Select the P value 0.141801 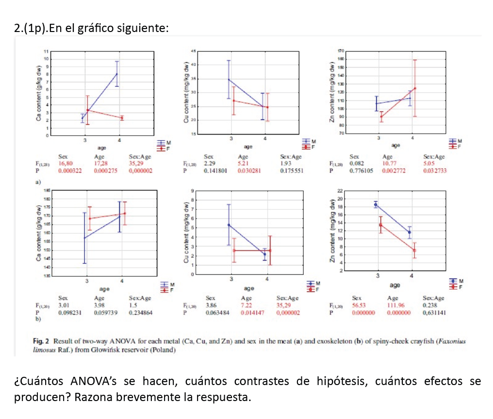[215, 171]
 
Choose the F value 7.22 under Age [246, 306]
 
